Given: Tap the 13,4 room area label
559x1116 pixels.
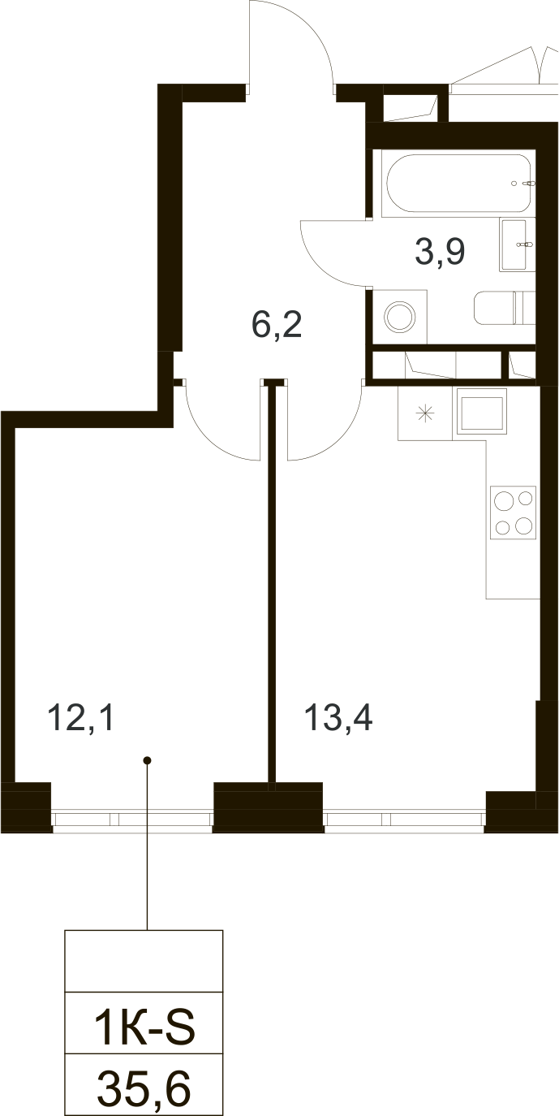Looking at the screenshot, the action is click(x=338, y=718).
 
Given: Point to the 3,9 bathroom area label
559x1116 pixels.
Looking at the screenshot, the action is click(x=440, y=252).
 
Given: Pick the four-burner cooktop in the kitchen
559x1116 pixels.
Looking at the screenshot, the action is click(x=513, y=513).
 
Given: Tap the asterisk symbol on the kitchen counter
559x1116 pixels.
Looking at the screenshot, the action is click(x=425, y=413).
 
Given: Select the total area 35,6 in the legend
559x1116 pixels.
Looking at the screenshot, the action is click(x=144, y=1089).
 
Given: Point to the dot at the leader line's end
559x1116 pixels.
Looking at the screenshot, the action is click(x=147, y=761).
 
